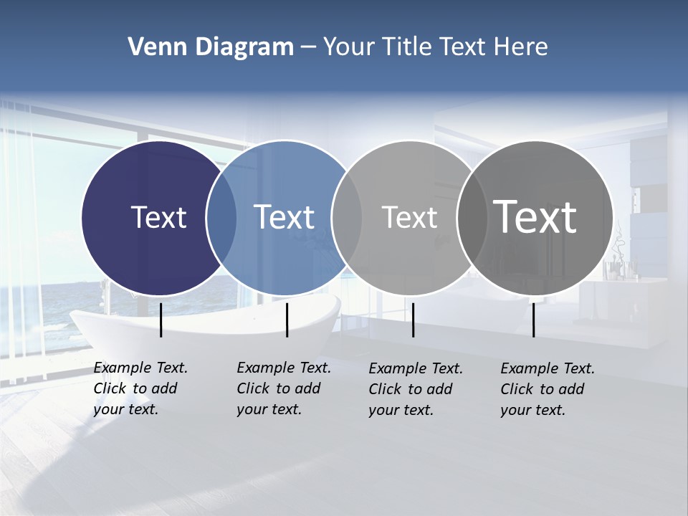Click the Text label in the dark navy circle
[x=158, y=217]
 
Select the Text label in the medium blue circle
[x=284, y=217]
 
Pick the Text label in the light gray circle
[x=409, y=217]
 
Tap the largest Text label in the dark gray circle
[x=535, y=217]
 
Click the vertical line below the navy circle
[x=161, y=320]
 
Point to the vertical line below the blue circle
[x=287, y=320]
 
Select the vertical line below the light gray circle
[x=413, y=320]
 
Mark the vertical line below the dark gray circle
[x=533, y=320]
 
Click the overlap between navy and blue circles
[x=221, y=218]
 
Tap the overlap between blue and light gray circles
[x=347, y=218]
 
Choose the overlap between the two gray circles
[x=472, y=218]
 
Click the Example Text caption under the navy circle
[x=140, y=388]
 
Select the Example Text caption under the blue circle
[x=283, y=388]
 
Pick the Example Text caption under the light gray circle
[x=415, y=389]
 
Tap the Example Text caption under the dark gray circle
[x=547, y=389]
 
